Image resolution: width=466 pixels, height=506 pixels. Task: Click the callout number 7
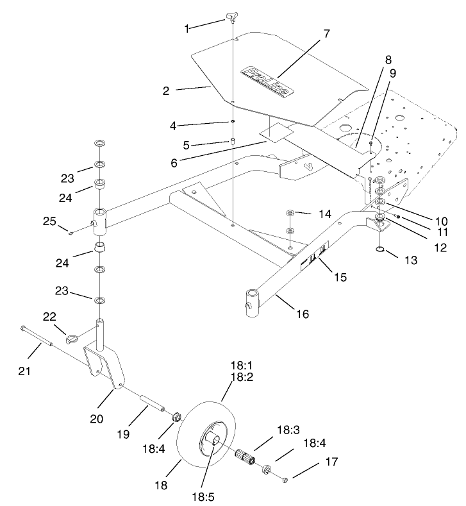[x=327, y=33]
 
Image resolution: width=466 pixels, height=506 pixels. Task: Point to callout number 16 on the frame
[x=303, y=314]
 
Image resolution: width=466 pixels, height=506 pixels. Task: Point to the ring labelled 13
[x=380, y=249]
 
